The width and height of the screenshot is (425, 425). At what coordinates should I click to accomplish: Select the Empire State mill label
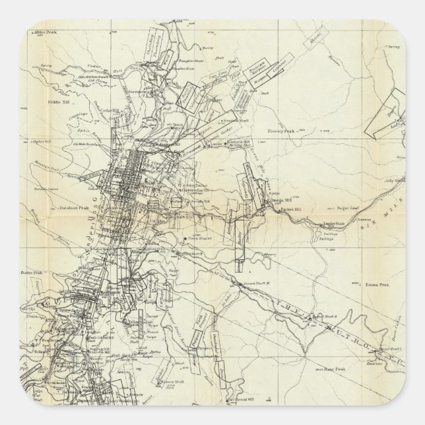(x=333, y=225)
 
